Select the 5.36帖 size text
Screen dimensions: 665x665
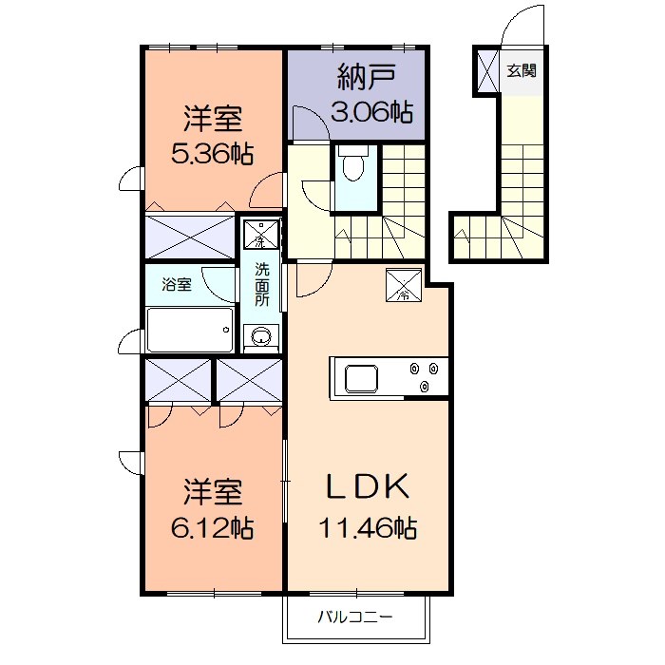click(213, 153)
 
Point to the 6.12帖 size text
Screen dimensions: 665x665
click(213, 527)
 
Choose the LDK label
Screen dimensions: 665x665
click(368, 487)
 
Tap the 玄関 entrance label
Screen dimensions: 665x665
click(521, 70)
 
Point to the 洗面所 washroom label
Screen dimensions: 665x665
click(261, 283)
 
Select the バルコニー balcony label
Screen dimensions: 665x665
click(355, 618)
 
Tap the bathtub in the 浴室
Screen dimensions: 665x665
click(189, 330)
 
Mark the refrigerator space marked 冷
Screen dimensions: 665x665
click(403, 284)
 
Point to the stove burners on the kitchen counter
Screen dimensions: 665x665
click(422, 376)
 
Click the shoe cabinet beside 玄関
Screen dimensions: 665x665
click(486, 70)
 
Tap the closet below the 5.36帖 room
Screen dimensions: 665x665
click(190, 236)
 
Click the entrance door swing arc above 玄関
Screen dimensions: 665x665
click(520, 27)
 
